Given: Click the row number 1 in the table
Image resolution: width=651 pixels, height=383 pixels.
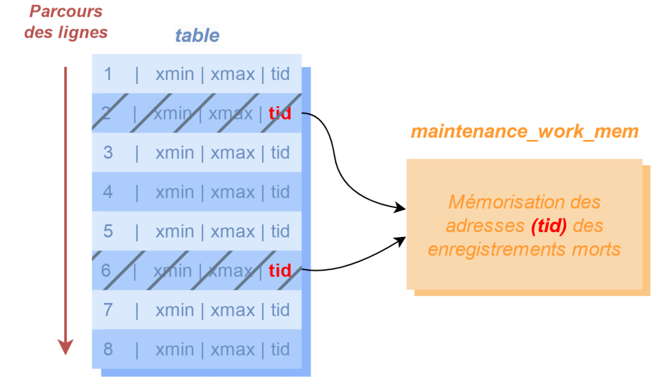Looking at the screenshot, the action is [108, 74].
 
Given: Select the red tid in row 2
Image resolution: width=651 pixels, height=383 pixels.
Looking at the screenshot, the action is [280, 114].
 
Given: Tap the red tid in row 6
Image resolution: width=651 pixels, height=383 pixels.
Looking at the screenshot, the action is [280, 271].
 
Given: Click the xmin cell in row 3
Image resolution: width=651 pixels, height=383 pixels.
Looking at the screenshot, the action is [175, 153].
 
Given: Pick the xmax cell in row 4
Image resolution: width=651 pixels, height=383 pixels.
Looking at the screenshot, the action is [233, 192].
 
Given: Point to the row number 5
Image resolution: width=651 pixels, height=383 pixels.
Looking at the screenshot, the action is [108, 231].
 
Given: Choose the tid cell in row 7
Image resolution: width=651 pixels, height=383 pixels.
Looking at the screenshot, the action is [280, 310].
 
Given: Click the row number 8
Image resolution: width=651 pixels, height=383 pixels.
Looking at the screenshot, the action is [108, 349].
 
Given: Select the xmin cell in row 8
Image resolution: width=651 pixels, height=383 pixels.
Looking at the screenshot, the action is [175, 350].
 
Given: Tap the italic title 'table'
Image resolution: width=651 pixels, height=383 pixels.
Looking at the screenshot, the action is [198, 35].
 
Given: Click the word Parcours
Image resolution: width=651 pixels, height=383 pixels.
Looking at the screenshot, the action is [65, 11].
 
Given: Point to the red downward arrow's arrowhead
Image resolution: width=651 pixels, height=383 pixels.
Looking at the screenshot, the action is [65, 347].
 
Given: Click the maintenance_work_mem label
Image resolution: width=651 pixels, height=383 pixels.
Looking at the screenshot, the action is [525, 132].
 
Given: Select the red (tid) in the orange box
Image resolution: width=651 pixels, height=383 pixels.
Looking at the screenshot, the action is [549, 226].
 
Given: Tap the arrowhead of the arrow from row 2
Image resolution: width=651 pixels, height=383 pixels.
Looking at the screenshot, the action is [401, 208].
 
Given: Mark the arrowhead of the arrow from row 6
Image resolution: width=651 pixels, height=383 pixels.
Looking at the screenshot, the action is [401, 241].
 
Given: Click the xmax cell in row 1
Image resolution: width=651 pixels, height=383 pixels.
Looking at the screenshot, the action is [233, 74].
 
